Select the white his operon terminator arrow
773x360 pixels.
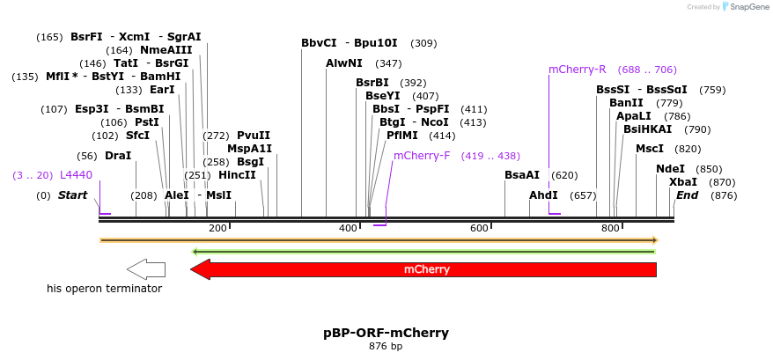146,269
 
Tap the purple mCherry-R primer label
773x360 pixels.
577,70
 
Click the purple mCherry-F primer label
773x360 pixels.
422,156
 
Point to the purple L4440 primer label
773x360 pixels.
76,175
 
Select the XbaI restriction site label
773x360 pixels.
683,182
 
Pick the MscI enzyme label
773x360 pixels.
650,149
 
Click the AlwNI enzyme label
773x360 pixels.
344,63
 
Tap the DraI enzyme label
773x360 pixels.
118,156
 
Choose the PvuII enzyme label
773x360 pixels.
254,136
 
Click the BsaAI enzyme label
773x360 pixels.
522,175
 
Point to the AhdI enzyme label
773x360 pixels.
543,195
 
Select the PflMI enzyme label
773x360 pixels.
403,136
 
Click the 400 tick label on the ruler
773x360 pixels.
347,229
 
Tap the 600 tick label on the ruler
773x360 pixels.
479,229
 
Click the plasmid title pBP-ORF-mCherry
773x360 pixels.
386,333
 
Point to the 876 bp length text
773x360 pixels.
386,347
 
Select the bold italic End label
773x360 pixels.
687,195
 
